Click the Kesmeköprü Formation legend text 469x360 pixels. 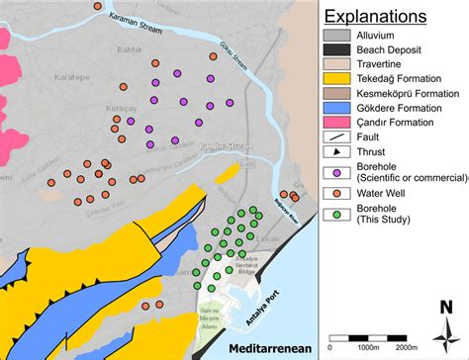pyautogui.click(x=403, y=92)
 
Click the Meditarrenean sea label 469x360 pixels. pyautogui.click(x=270, y=349)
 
